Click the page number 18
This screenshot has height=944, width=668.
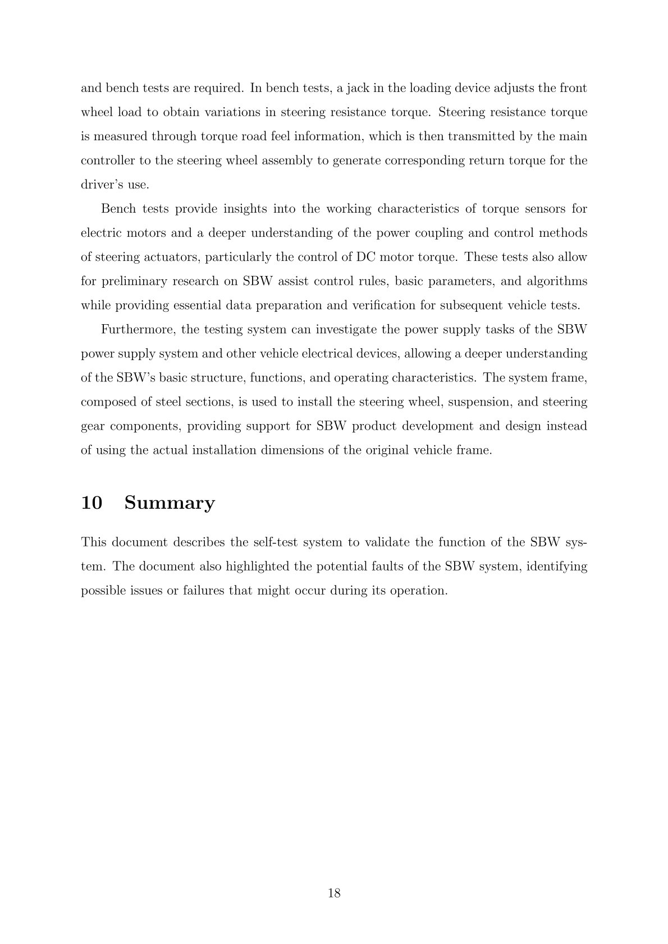pyautogui.click(x=334, y=894)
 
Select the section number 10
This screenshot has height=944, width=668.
pyautogui.click(x=91, y=503)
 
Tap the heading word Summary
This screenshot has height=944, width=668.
pyautogui.click(x=170, y=503)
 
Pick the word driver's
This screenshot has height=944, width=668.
pyautogui.click(x=99, y=185)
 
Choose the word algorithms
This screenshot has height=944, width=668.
pyautogui.click(x=557, y=281)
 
